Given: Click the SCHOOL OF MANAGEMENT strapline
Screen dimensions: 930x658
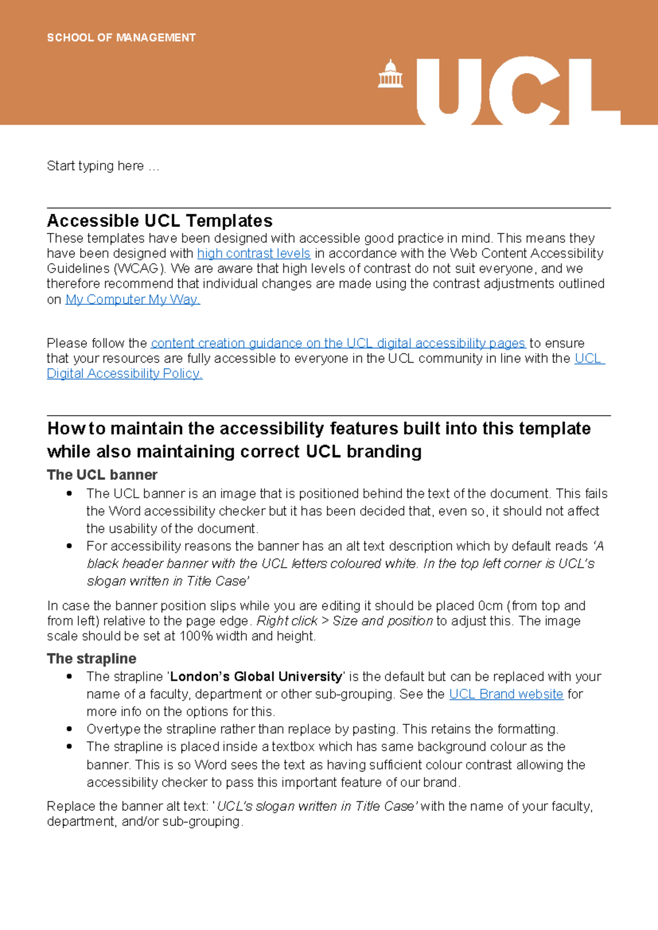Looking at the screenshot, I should pyautogui.click(x=121, y=38).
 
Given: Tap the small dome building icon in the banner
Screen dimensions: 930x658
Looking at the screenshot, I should pyautogui.click(x=390, y=75).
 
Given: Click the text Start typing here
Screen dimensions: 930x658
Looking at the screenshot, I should pyautogui.click(x=103, y=166).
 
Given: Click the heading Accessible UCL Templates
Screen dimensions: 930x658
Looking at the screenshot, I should pyautogui.click(x=160, y=221).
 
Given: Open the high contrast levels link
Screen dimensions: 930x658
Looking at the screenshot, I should pyautogui.click(x=253, y=253).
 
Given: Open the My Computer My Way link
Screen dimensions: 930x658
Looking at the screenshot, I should pyautogui.click(x=133, y=299).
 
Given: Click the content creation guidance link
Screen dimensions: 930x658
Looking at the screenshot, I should pyautogui.click(x=338, y=343).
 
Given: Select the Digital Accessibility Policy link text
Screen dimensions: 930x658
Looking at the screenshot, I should pyautogui.click(x=124, y=373).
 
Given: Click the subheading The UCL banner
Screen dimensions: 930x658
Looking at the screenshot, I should pyautogui.click(x=102, y=475).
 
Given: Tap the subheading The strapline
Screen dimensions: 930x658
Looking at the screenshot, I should pyautogui.click(x=92, y=659).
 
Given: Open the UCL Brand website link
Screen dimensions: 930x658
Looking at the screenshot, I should pyautogui.click(x=506, y=694).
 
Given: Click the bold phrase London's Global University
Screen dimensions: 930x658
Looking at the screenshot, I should pyautogui.click(x=256, y=677).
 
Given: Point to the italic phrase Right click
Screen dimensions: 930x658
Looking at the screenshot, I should pyautogui.click(x=287, y=621).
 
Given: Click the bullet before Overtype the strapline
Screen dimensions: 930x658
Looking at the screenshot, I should pyautogui.click(x=69, y=729).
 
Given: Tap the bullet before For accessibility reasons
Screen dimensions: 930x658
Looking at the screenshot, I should pyautogui.click(x=69, y=546).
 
